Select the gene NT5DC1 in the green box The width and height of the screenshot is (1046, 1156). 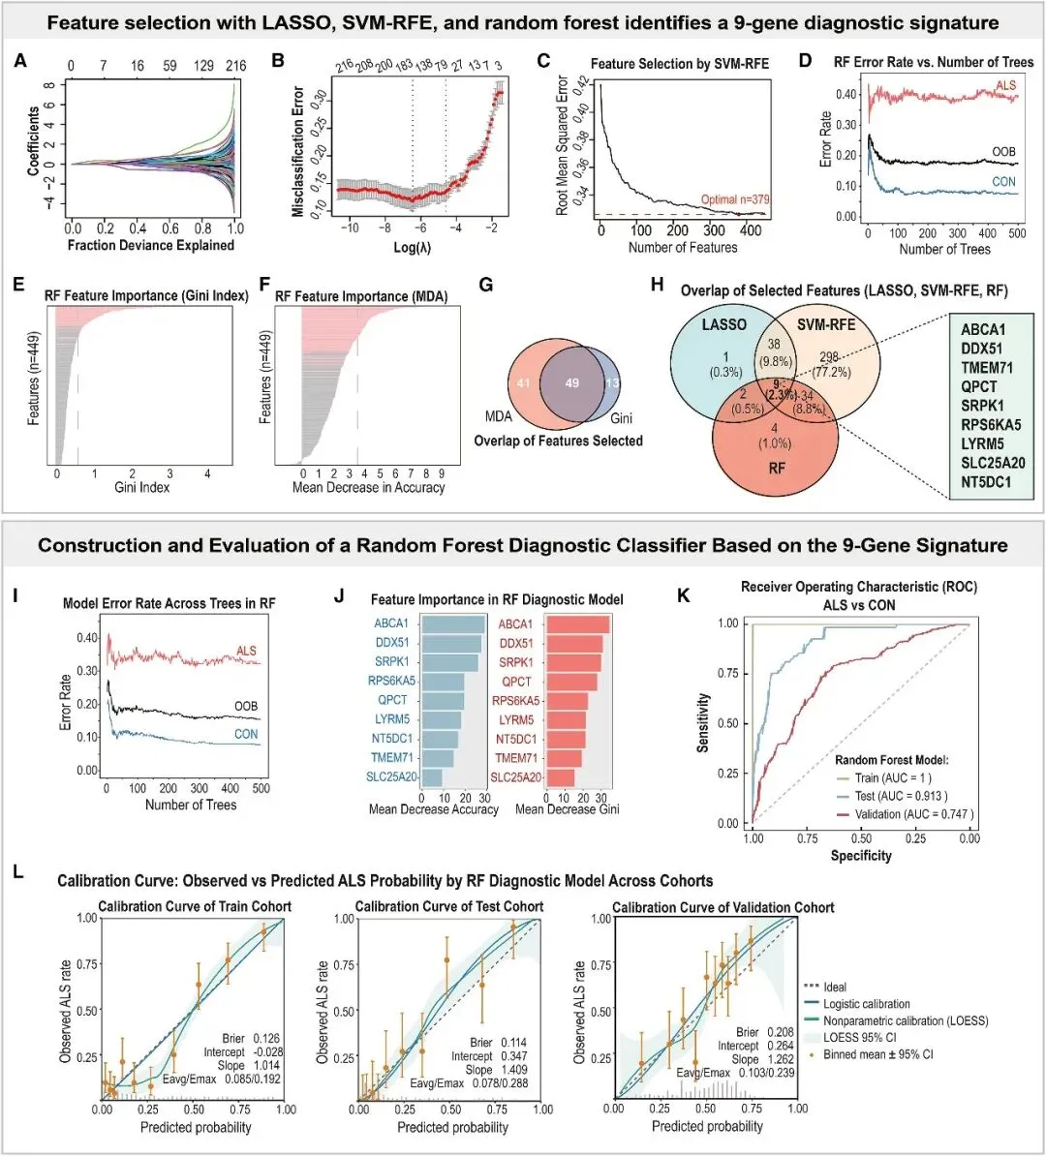pyautogui.click(x=993, y=481)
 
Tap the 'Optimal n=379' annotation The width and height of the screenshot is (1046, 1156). pyautogui.click(x=735, y=199)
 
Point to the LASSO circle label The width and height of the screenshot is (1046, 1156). pyautogui.click(x=723, y=324)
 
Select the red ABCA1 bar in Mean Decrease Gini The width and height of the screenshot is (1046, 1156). pyautogui.click(x=577, y=624)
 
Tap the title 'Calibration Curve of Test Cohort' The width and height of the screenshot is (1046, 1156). pyautogui.click(x=449, y=906)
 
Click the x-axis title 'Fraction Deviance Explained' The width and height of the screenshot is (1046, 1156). pyautogui.click(x=151, y=245)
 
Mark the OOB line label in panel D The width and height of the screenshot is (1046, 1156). pyautogui.click(x=1003, y=153)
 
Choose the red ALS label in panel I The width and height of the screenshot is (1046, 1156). pyautogui.click(x=247, y=651)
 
